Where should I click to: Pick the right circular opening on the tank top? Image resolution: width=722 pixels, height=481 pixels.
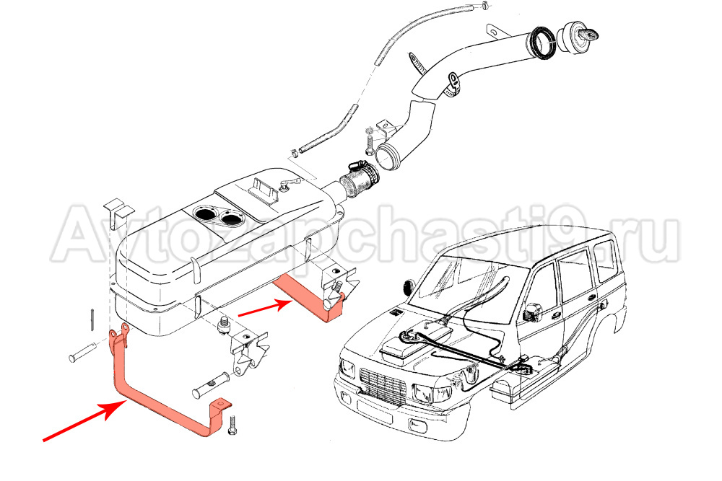tap(232, 216)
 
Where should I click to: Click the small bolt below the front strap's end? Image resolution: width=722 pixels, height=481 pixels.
tap(232, 428)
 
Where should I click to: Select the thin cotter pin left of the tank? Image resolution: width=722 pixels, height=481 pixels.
tap(94, 317)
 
